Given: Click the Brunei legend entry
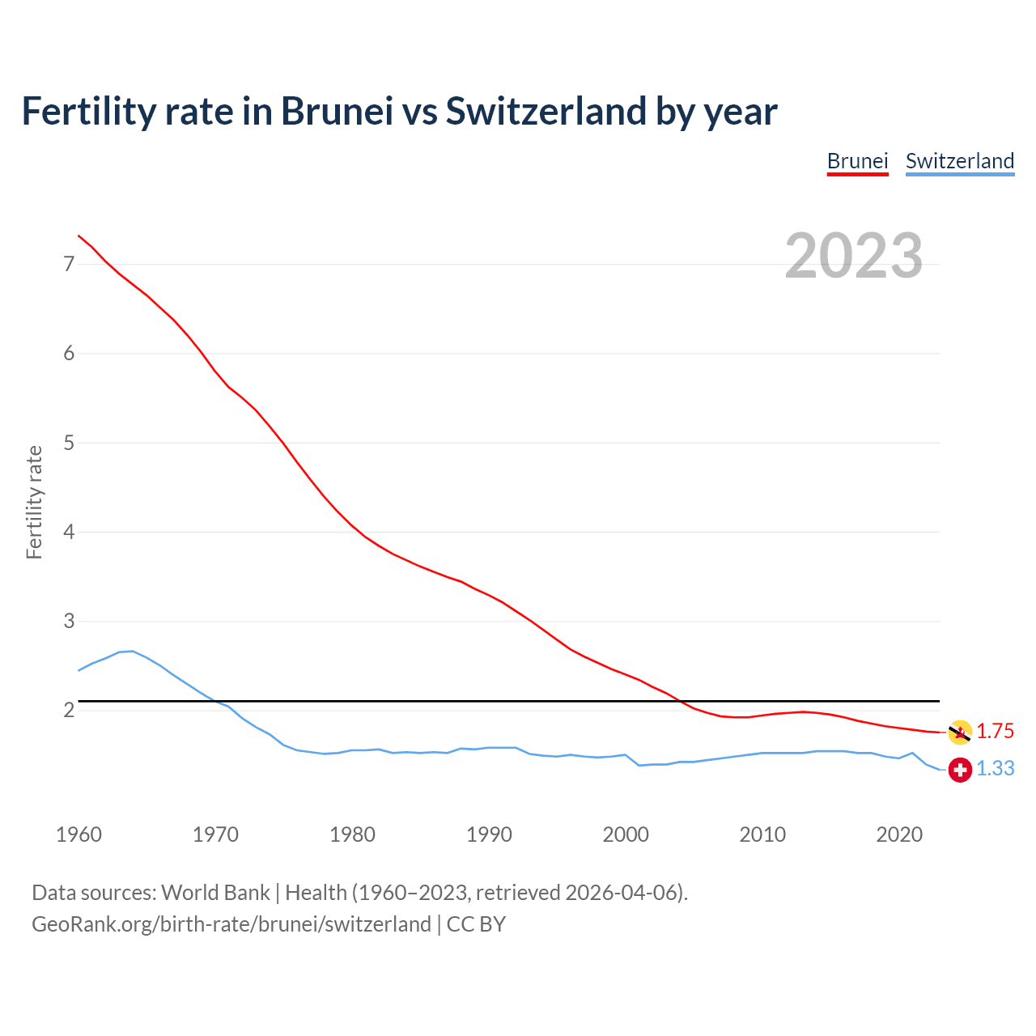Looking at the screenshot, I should click(x=857, y=161).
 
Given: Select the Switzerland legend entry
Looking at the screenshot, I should click(x=959, y=161).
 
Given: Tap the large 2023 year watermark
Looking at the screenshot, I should click(x=853, y=256).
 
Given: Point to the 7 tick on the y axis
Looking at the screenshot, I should click(x=69, y=264).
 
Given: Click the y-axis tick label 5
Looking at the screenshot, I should click(x=69, y=443).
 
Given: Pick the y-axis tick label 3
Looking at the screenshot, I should click(x=69, y=621).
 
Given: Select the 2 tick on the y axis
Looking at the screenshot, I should click(x=69, y=711).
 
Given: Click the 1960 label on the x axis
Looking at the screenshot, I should click(x=79, y=834).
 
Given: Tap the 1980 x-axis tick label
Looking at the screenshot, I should click(x=352, y=834).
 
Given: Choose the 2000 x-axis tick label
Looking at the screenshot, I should click(x=626, y=834).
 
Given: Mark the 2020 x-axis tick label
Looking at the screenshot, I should click(x=899, y=834).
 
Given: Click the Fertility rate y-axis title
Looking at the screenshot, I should click(x=34, y=502).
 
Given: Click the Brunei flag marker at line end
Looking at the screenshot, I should click(x=960, y=732).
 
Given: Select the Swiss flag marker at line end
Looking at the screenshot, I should click(x=960, y=770).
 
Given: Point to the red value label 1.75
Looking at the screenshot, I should click(x=995, y=732).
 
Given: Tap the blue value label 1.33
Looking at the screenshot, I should click(x=995, y=769).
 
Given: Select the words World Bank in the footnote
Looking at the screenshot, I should click(x=215, y=893).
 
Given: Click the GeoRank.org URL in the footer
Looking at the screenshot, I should click(x=231, y=924).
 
